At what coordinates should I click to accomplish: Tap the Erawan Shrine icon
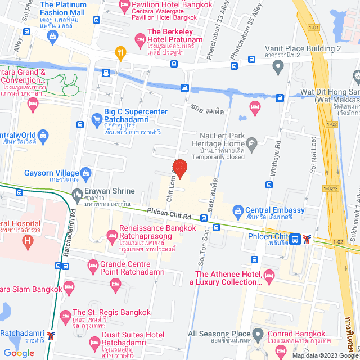point(78,195)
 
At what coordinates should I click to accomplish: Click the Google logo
point(19,353)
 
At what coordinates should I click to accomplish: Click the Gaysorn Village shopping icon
point(86,173)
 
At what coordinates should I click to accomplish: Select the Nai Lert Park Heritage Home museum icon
point(251,146)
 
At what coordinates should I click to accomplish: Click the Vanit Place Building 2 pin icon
point(277,67)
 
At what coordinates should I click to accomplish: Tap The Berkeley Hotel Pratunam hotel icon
point(140,39)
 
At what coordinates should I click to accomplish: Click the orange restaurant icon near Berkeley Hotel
point(120,53)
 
